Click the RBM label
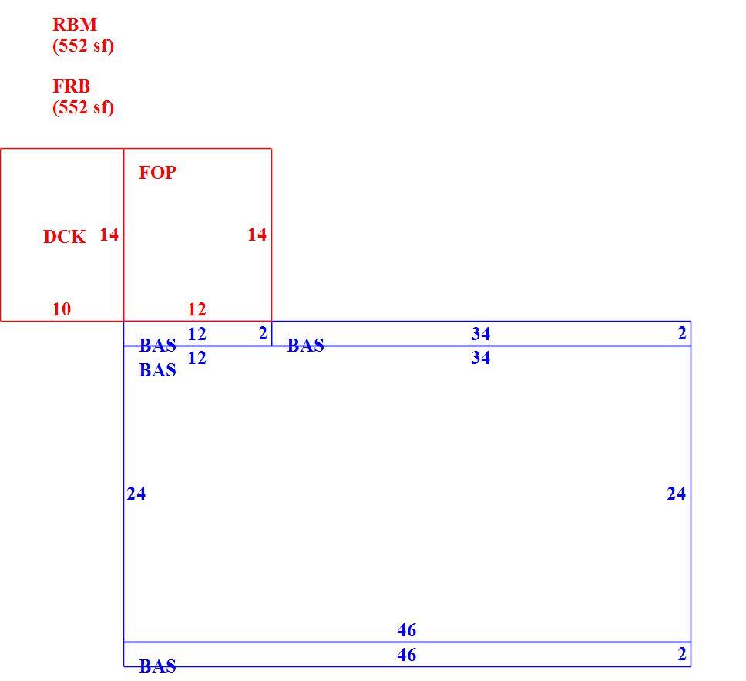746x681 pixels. (x=75, y=24)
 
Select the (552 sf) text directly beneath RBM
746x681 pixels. (x=83, y=46)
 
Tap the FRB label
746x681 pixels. (x=72, y=86)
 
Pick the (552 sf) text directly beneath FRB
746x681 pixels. (x=83, y=107)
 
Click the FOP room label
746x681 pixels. (x=157, y=173)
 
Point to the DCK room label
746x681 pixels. (x=64, y=237)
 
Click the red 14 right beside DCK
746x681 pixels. (x=109, y=234)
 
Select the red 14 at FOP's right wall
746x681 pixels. (x=257, y=234)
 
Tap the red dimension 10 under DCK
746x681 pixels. (x=62, y=309)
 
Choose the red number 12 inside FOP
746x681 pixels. (x=197, y=309)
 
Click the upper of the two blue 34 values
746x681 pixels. (x=481, y=334)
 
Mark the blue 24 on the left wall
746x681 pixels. (x=136, y=494)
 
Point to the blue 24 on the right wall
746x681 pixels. (x=677, y=494)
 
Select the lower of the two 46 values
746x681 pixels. (x=407, y=655)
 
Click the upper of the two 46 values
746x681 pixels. (x=407, y=630)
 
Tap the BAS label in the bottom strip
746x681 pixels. (x=157, y=666)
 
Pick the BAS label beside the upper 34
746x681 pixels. (x=305, y=346)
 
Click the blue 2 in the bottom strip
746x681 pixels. (x=682, y=654)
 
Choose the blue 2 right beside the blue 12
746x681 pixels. (x=263, y=333)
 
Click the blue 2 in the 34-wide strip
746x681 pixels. (x=682, y=333)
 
